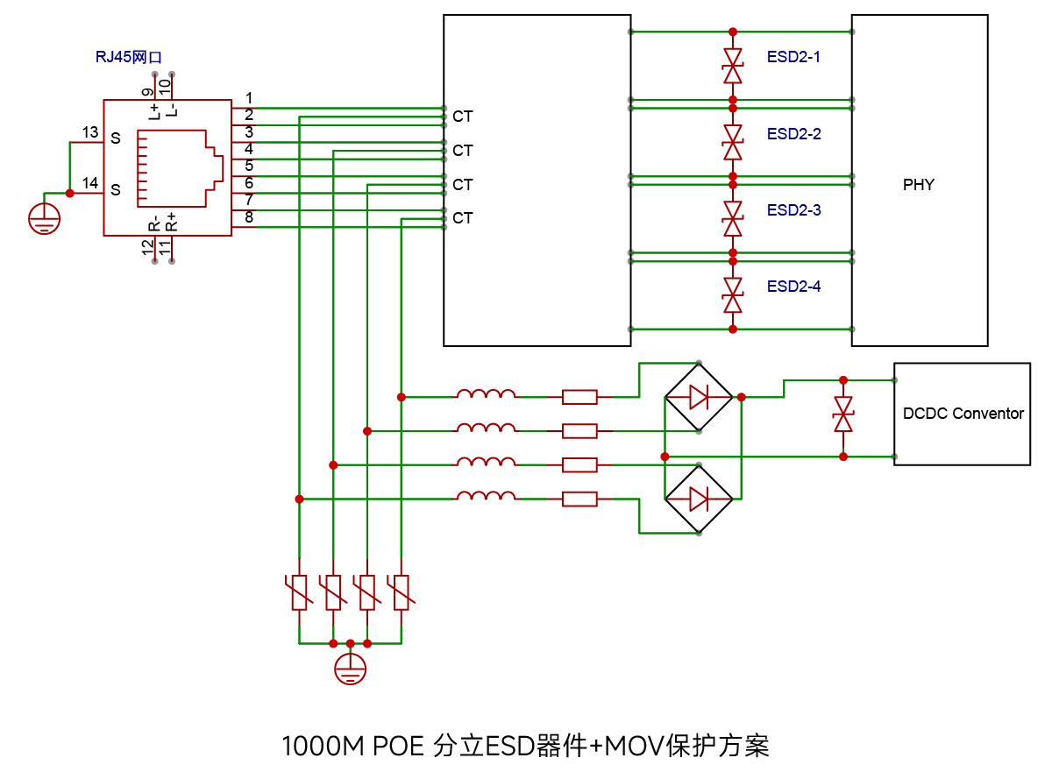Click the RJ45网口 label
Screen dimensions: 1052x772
128,57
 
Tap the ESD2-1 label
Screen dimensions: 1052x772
793,57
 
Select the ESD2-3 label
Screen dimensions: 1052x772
793,210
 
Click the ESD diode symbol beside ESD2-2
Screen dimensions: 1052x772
733,142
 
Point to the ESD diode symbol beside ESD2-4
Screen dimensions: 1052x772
733,295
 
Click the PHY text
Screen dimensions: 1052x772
919,185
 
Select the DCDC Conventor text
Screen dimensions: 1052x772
963,414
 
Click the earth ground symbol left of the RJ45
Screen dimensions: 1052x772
44,219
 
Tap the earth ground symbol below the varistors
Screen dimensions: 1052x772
351,669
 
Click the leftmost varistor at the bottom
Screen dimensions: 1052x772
299,592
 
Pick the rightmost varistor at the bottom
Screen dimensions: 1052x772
402,592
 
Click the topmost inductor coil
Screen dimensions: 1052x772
486,394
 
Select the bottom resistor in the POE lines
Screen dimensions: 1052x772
579,499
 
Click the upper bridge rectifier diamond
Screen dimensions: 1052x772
699,397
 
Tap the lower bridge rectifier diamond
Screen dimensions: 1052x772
699,499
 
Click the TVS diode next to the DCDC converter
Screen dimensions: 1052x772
843,414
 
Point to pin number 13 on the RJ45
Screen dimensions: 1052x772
90,133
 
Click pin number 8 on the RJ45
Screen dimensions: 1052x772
249,217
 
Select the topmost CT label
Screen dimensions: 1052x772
463,117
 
